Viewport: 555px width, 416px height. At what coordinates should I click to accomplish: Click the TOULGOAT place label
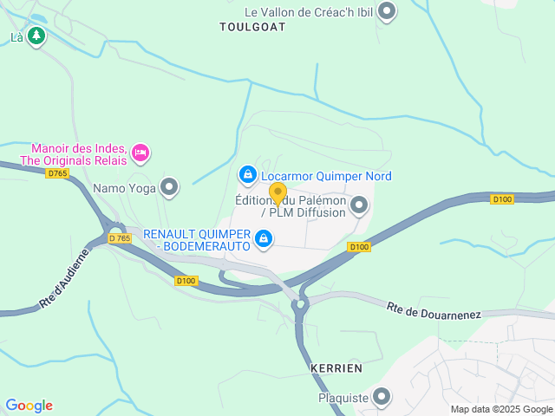pos(252,27)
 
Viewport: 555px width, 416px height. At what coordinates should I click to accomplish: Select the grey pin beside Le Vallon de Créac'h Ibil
pos(388,12)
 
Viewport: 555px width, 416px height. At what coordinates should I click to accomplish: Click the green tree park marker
pos(36,36)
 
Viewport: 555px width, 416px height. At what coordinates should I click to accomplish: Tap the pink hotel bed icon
pos(140,154)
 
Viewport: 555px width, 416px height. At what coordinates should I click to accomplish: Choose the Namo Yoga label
pos(124,186)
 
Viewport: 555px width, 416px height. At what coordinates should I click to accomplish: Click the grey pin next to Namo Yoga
pos(169,186)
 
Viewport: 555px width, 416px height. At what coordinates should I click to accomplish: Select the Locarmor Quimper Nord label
pos(326,176)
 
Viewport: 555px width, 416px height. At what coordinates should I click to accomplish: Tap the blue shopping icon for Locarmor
pos(248,176)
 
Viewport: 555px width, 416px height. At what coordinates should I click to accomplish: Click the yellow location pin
pos(277,192)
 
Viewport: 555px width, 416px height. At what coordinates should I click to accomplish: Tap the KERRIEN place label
pos(336,368)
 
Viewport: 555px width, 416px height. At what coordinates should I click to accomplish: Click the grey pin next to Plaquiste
pos(382,398)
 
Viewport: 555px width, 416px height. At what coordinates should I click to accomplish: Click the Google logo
pos(29,406)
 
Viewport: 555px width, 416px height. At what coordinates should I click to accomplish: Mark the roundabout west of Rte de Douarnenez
pos(301,303)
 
